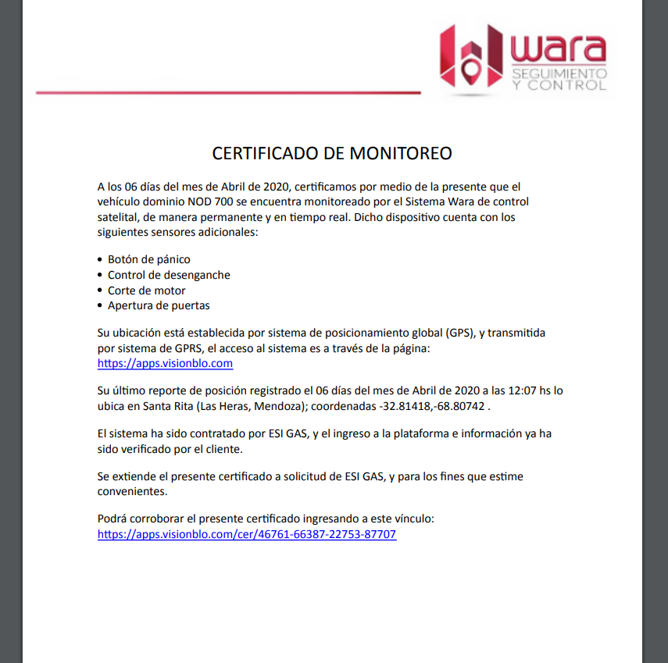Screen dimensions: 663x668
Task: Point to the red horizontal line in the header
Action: point(227,93)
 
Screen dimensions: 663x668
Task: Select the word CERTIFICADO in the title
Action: point(266,153)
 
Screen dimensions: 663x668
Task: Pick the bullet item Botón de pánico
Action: point(148,259)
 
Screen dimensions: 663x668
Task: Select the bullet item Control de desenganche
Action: point(169,275)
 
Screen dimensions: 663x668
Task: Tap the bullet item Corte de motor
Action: point(146,291)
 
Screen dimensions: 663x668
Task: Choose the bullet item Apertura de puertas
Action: point(159,305)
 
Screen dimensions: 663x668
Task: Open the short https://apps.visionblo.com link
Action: point(165,363)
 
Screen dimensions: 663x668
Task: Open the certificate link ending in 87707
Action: point(247,535)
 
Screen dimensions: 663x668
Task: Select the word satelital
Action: point(118,216)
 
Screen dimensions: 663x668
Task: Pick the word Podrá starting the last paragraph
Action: point(113,519)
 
